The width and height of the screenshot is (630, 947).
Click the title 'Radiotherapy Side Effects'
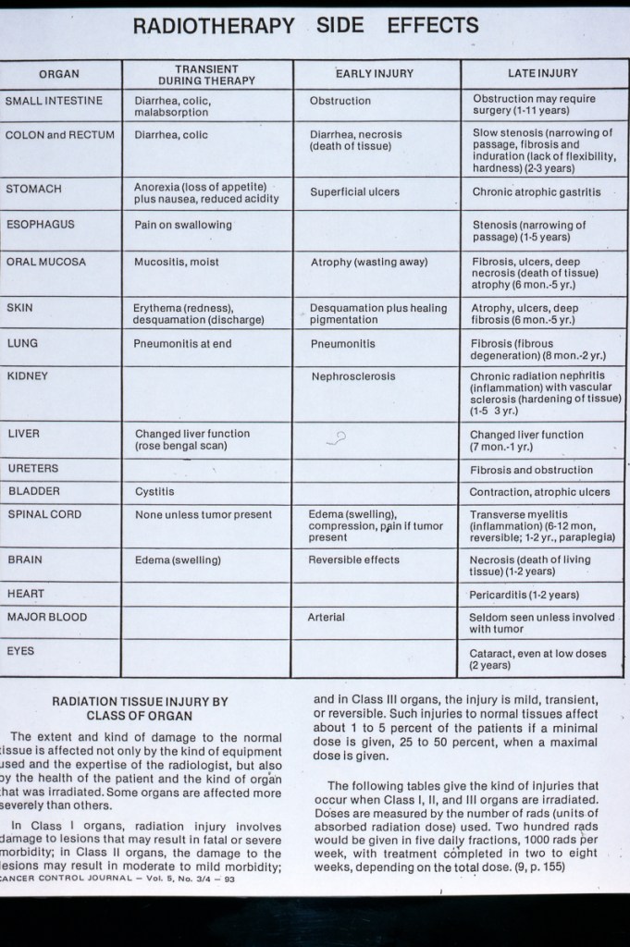(x=305, y=26)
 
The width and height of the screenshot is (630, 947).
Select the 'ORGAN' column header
(x=59, y=74)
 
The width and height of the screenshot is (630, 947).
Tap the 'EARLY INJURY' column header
(x=374, y=73)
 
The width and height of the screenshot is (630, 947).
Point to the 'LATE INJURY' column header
(x=543, y=73)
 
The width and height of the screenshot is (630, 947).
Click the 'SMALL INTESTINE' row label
(x=54, y=100)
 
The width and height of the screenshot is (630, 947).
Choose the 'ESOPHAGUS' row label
(x=40, y=224)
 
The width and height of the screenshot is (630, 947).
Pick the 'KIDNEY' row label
(x=27, y=376)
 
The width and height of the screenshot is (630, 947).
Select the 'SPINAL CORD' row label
(x=43, y=514)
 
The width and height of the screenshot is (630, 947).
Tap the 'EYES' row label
(x=20, y=651)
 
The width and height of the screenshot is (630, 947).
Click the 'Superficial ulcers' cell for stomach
(x=354, y=192)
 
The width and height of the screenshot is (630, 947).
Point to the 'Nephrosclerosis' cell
(x=352, y=377)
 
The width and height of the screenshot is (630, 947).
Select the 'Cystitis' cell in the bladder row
(x=154, y=492)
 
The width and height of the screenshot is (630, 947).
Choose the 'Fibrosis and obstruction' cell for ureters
(x=531, y=470)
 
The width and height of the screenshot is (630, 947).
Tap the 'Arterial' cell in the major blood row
(x=326, y=617)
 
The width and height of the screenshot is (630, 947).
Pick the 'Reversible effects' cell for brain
(x=353, y=560)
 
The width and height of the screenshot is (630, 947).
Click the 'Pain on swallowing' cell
(x=183, y=225)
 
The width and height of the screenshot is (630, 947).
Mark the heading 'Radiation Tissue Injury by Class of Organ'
(x=139, y=708)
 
